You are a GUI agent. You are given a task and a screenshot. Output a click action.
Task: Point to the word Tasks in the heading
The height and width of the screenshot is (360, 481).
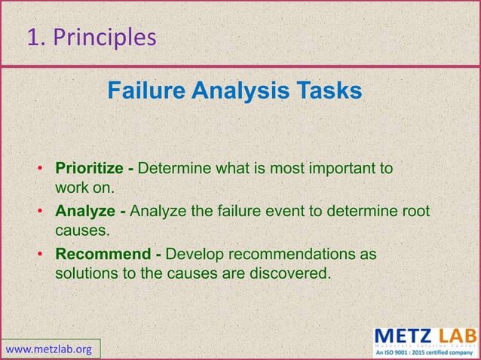click(328, 91)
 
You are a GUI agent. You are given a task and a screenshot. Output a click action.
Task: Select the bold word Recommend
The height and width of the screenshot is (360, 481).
click(103, 254)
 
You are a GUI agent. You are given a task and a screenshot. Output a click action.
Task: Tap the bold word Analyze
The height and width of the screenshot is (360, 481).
click(85, 211)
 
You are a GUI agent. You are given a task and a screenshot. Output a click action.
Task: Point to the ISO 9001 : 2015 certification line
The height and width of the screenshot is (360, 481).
click(424, 352)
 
